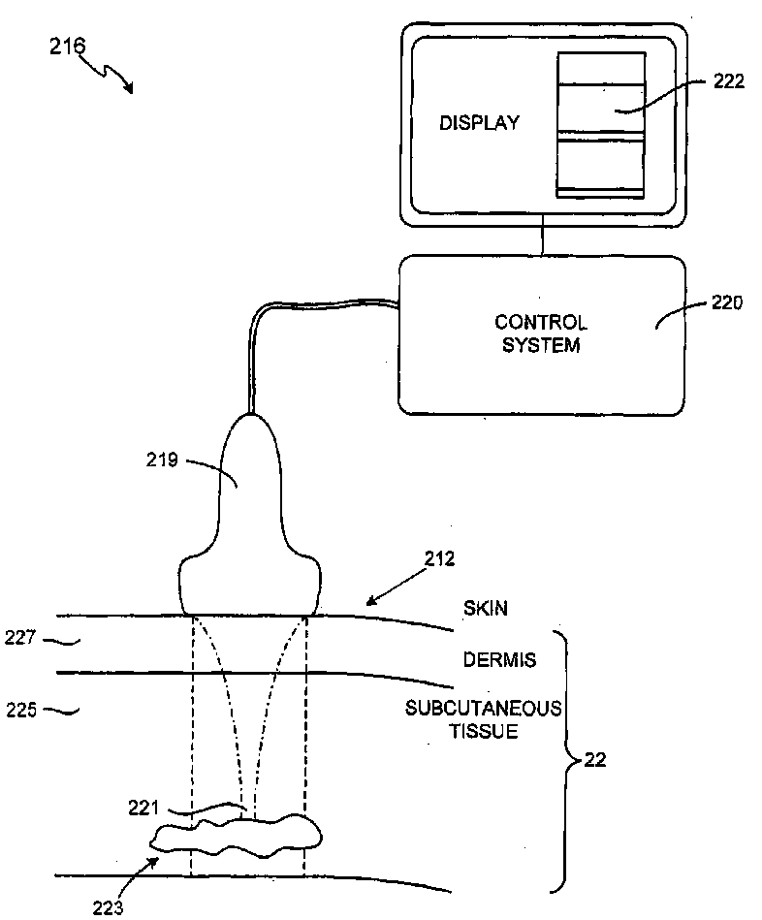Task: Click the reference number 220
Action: tap(726, 302)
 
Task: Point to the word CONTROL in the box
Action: tap(541, 323)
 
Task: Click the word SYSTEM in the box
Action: tap(541, 345)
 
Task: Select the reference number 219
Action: tap(162, 460)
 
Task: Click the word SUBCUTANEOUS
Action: tap(483, 709)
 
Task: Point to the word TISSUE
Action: tap(482, 731)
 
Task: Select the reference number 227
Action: tap(20, 639)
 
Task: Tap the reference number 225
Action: tap(20, 710)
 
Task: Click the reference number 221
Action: tap(147, 806)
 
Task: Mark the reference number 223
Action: tap(108, 908)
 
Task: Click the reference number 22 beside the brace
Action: tap(596, 760)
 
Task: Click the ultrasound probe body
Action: tap(249, 523)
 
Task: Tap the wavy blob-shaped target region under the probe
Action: tap(238, 838)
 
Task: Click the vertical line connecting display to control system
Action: tap(543, 241)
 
